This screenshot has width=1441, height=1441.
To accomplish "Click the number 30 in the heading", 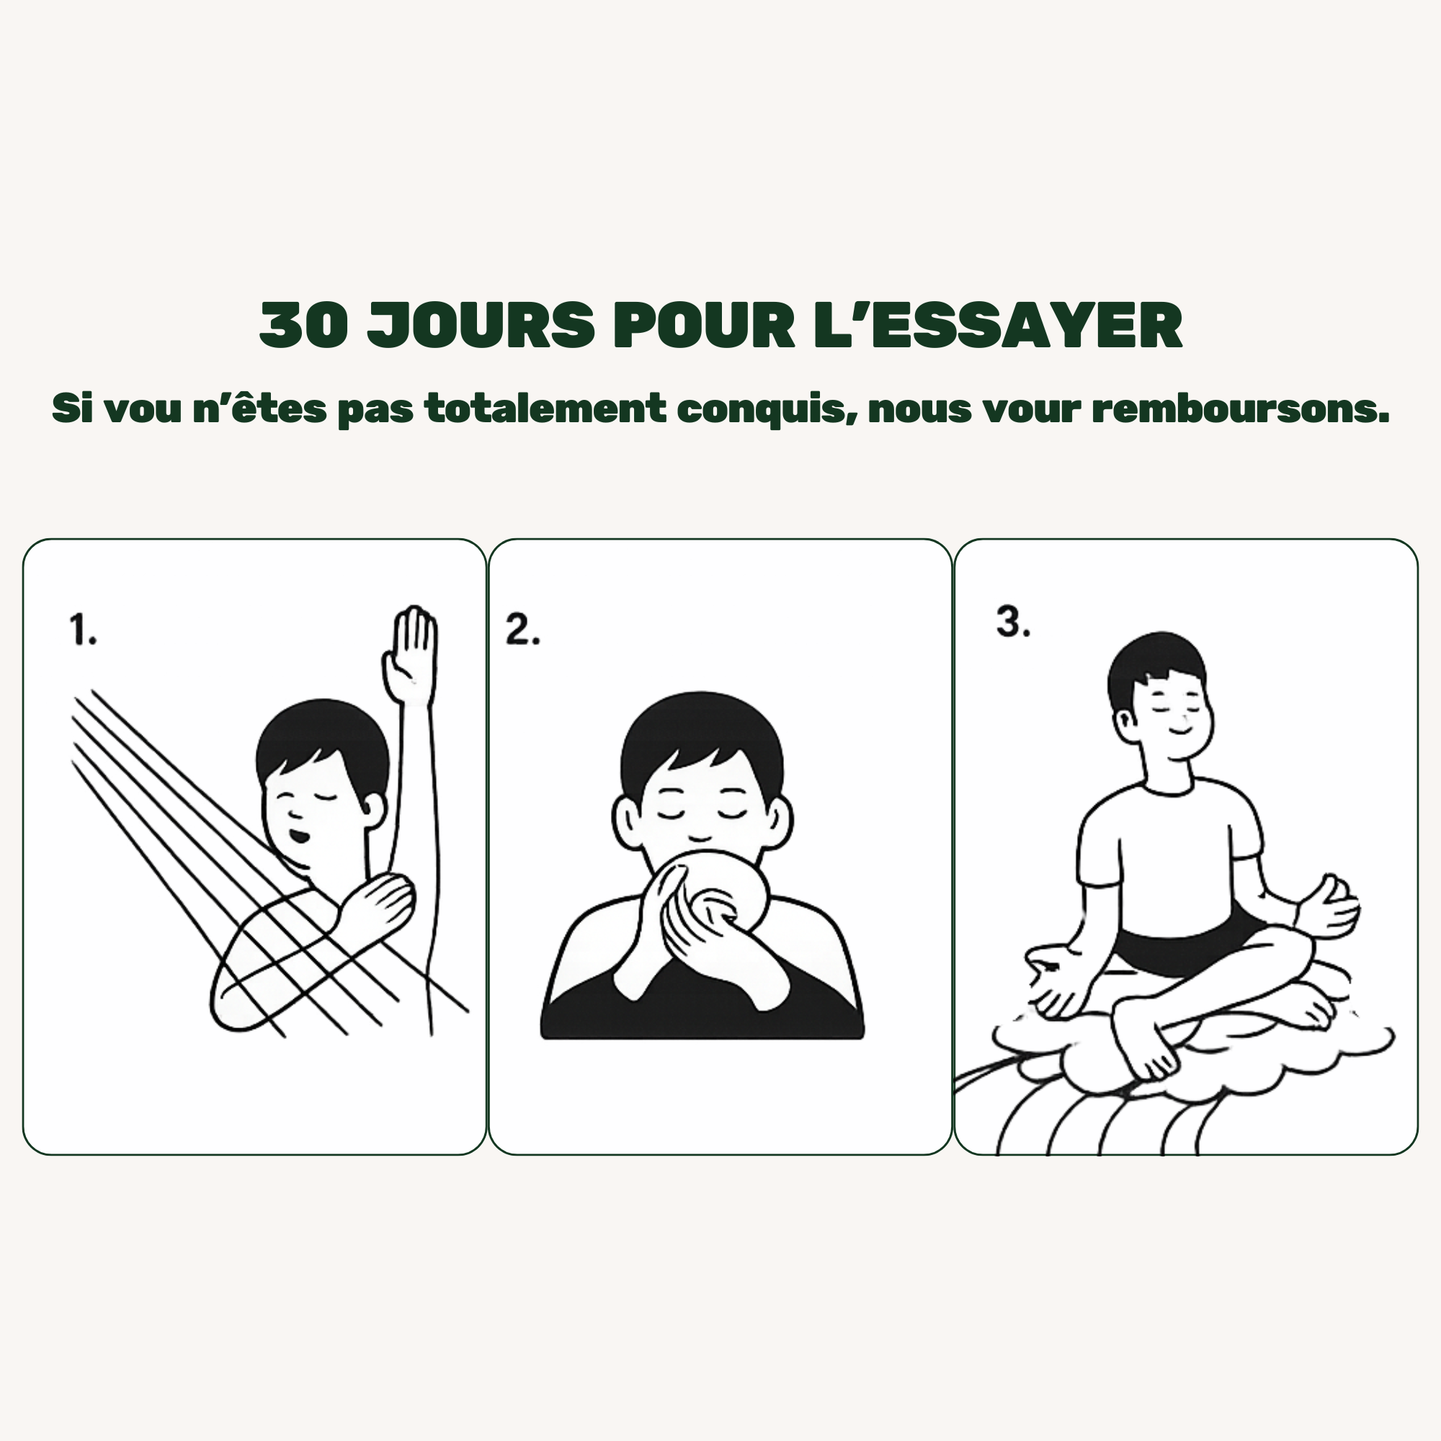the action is pos(303,326).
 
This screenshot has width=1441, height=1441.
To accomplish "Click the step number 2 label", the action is pos(522,630).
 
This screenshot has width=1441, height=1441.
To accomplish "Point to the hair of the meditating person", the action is pos(1156,668).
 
